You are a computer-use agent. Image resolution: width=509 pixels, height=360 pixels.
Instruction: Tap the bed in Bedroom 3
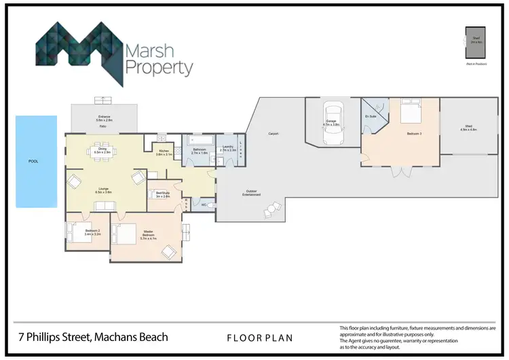tap(411, 110)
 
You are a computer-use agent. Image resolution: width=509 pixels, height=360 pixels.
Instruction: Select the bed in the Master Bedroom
tap(126, 236)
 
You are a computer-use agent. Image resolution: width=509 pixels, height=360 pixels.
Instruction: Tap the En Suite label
tap(370, 117)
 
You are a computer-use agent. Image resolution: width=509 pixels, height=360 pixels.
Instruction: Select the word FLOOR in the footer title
tap(240, 337)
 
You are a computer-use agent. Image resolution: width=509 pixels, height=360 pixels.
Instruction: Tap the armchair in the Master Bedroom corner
tap(168, 252)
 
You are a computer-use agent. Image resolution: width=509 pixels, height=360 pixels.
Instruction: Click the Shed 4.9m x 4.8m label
tap(468, 127)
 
